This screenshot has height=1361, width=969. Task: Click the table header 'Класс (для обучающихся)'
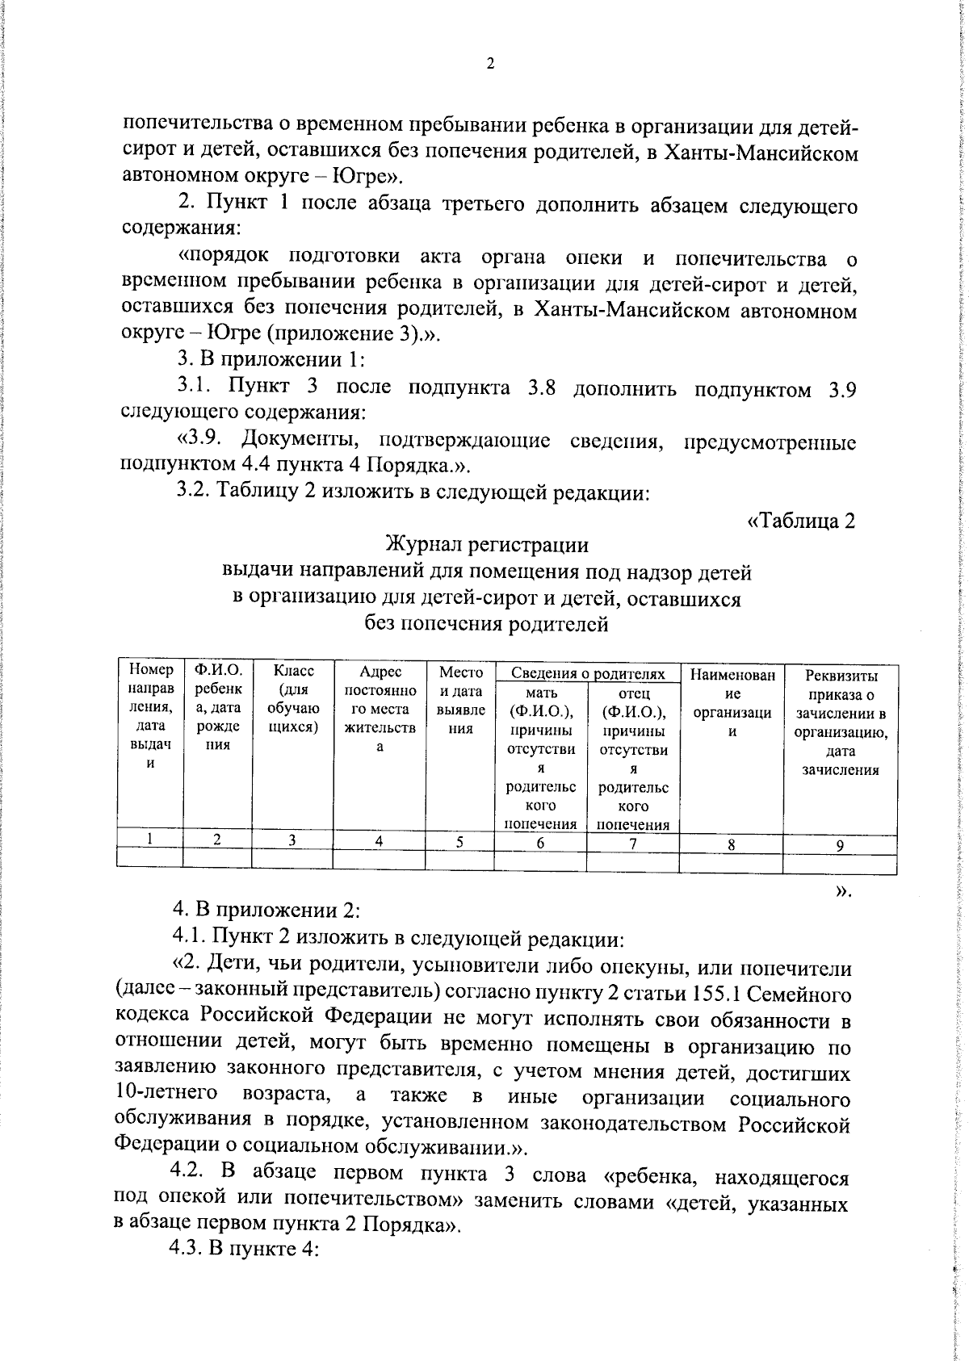pos(292,699)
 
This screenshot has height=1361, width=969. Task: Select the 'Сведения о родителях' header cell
pos(588,674)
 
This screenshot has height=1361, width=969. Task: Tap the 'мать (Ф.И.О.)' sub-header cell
pos(540,757)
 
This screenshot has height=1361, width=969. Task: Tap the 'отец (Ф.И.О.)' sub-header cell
pos(633,757)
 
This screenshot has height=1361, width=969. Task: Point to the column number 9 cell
pos(840,845)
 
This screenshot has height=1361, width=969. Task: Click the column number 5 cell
pos(459,842)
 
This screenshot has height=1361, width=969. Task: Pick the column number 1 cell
pos(150,839)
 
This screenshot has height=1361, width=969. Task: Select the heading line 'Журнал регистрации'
pos(487,544)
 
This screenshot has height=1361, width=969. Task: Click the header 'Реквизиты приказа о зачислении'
pos(840,722)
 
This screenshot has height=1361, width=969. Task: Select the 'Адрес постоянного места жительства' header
pos(379,709)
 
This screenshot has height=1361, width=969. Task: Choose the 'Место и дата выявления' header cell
pos(459,699)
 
